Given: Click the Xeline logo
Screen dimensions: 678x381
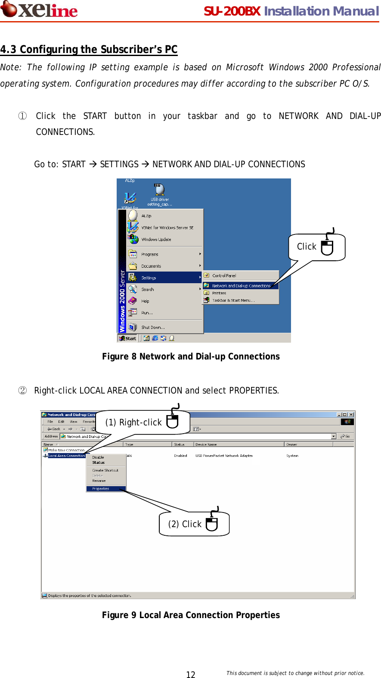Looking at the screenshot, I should click(39, 10).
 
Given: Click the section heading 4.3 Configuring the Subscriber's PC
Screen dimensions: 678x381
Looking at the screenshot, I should click(89, 50).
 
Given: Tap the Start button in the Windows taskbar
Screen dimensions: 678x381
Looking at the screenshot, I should click(128, 338).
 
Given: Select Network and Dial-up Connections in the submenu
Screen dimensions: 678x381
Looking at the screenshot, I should click(241, 286).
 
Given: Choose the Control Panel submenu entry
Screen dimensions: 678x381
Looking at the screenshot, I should click(224, 275).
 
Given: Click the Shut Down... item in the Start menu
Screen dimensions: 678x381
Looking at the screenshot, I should click(153, 328).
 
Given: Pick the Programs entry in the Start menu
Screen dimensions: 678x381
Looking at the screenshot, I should click(150, 254).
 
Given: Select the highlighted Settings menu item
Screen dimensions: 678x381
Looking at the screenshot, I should click(149, 278).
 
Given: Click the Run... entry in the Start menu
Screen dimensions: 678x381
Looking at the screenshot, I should click(147, 313).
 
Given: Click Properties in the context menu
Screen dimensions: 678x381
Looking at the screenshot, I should click(101, 489).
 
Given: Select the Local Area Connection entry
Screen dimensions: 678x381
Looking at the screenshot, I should click(66, 456).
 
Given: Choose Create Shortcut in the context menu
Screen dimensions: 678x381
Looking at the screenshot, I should click(105, 470).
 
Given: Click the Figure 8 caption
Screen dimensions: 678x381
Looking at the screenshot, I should click(191, 356).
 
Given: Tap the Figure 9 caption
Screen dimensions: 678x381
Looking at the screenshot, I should click(191, 615).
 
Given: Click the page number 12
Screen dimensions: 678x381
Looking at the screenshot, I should click(191, 675).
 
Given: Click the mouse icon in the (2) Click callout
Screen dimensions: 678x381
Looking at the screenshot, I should click(212, 523).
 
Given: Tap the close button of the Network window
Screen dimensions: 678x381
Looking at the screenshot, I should click(351, 415).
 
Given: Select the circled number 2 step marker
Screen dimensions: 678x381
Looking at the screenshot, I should click(22, 391).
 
